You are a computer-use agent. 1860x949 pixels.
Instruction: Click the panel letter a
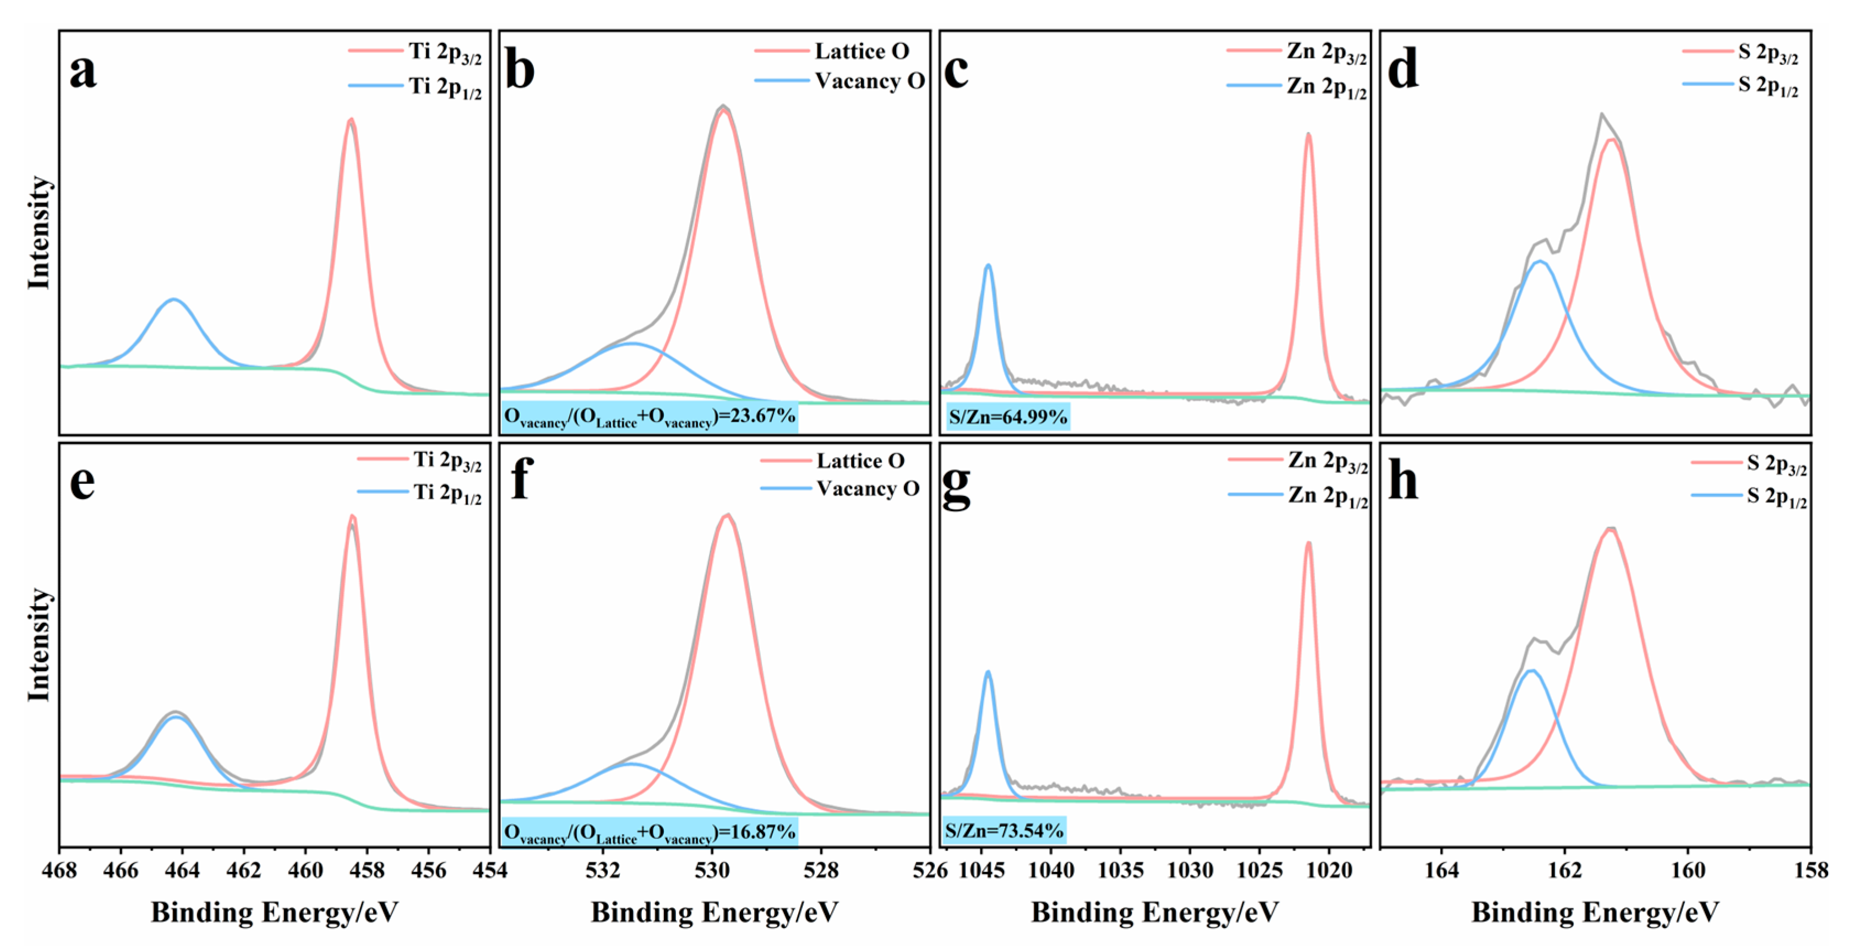(x=83, y=72)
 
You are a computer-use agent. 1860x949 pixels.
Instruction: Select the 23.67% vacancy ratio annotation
(x=649, y=417)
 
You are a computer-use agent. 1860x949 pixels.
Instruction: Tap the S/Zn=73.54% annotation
(x=1003, y=831)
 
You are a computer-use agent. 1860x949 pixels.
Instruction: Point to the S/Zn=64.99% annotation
(x=1007, y=417)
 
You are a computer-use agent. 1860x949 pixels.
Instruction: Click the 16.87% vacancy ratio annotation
(x=649, y=832)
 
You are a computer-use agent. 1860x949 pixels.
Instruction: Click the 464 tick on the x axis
(x=182, y=870)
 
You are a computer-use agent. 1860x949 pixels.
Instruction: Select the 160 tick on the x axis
(x=1688, y=870)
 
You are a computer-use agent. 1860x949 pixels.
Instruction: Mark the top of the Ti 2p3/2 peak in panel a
(x=351, y=120)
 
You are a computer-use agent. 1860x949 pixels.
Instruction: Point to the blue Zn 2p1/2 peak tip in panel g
(x=988, y=672)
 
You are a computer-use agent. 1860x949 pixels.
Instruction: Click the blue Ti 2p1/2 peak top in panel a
(x=173, y=299)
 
